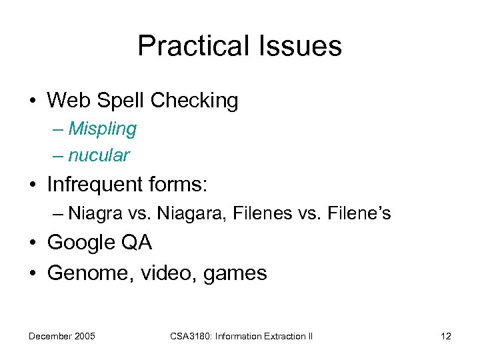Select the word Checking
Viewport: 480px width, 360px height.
[194, 101]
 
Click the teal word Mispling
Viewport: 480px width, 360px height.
[102, 129]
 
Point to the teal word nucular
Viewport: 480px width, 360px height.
[99, 155]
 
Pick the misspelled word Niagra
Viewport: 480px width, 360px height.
[89, 213]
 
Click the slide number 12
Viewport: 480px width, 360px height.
[445, 336]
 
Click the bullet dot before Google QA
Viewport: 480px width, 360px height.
[32, 243]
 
